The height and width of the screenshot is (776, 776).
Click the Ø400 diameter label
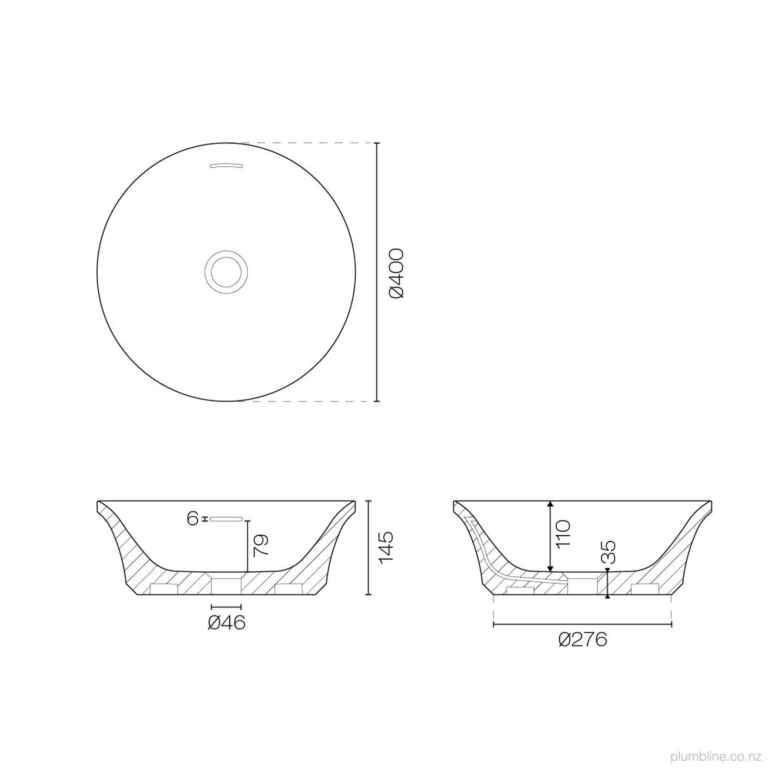click(397, 273)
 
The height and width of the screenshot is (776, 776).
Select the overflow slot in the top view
click(226, 166)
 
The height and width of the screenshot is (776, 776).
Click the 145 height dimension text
click(386, 547)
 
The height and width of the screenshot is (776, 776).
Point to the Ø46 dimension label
click(226, 623)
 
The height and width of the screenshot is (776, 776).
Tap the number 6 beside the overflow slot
click(193, 519)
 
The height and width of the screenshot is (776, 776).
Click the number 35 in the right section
click(610, 551)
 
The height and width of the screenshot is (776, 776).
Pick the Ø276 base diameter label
click(582, 640)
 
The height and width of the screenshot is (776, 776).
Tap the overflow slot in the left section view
click(226, 519)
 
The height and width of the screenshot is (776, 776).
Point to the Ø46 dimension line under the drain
click(226, 607)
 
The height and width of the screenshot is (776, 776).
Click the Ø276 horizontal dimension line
click(582, 625)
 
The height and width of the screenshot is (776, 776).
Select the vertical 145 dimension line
click(369, 547)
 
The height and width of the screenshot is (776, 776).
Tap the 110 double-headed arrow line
click(550, 536)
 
